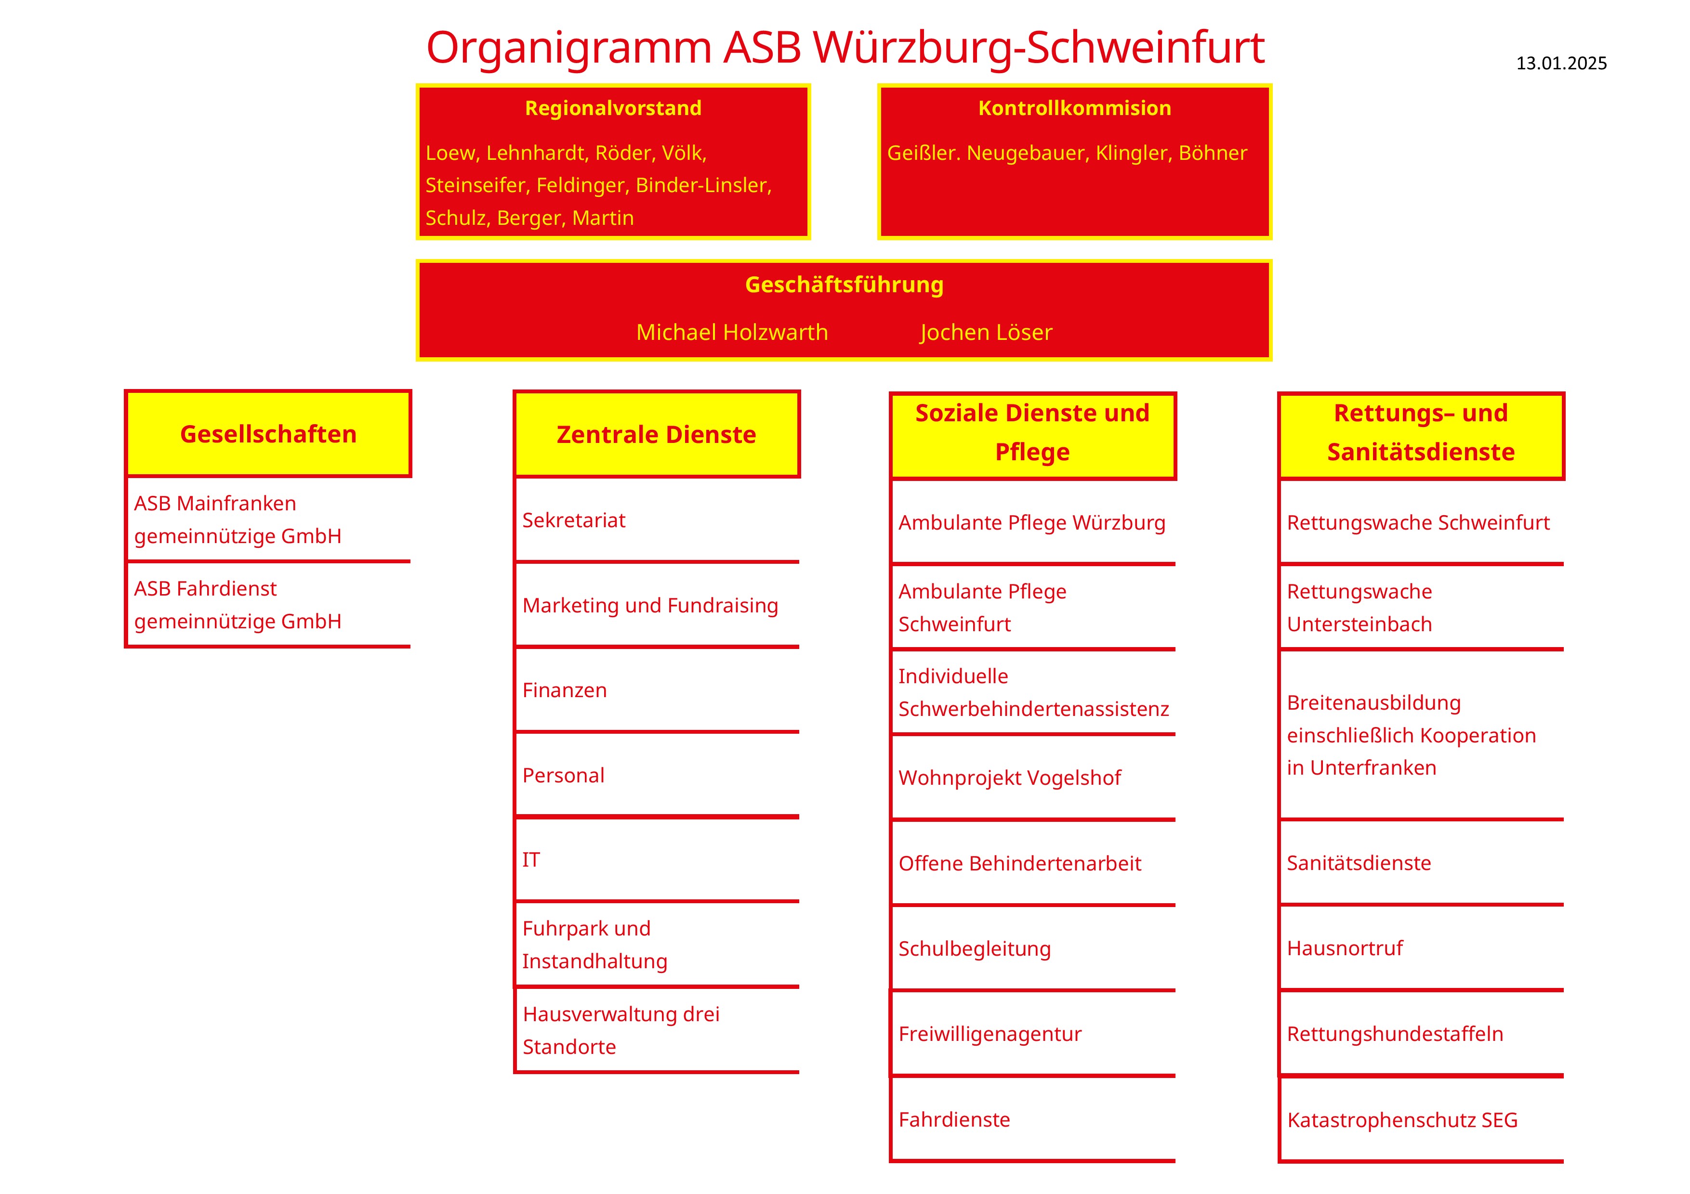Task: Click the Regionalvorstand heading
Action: (613, 108)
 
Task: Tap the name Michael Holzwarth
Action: (732, 333)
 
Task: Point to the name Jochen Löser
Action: (986, 333)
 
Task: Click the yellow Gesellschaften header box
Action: (268, 434)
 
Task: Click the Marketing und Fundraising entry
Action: (650, 606)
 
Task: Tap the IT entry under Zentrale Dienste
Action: (531, 859)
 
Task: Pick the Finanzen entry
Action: (565, 690)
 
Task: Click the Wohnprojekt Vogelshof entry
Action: (1009, 778)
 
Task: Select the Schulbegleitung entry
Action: (975, 948)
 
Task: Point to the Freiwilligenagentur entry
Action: (990, 1034)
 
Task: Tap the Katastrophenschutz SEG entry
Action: (1402, 1120)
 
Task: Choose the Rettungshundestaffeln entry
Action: (1395, 1034)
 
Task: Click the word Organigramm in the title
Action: (568, 48)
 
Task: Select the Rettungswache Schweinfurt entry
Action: (1418, 522)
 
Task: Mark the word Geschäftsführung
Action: (844, 285)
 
